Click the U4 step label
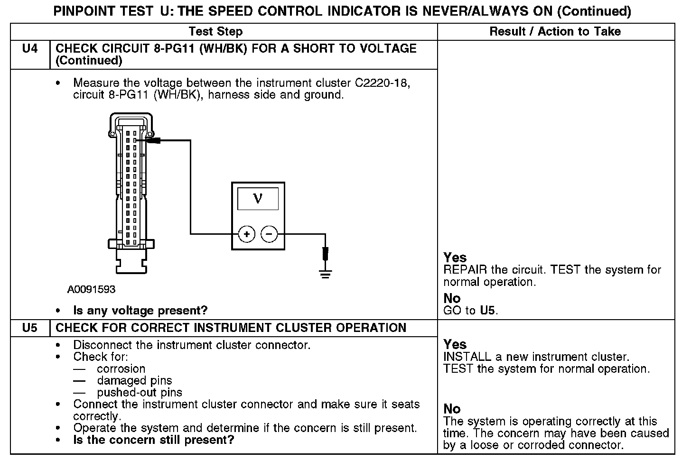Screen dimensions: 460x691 [x=29, y=48]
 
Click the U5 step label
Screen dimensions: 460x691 [x=29, y=328]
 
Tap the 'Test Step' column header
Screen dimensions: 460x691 [x=215, y=32]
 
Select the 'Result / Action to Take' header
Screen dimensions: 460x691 [x=555, y=32]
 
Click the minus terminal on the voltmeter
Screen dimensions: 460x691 [x=269, y=234]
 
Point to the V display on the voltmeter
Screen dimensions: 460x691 [x=258, y=198]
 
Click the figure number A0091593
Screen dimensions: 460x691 [x=91, y=289]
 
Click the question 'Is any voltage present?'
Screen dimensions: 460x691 [x=140, y=311]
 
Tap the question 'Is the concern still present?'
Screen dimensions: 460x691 [x=153, y=440]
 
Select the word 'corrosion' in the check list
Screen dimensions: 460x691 [x=121, y=369]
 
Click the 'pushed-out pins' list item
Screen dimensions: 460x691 [x=140, y=393]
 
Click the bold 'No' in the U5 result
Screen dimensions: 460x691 [x=452, y=409]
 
